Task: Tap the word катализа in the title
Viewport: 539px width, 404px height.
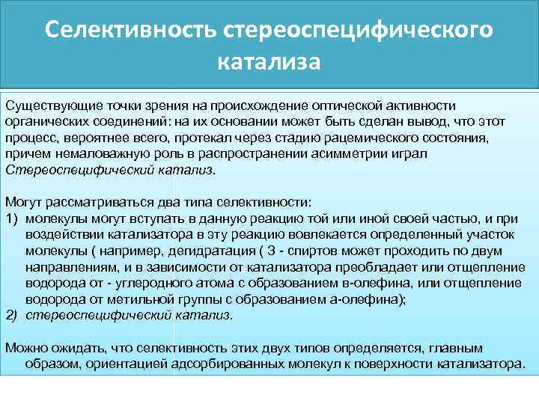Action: tap(269, 61)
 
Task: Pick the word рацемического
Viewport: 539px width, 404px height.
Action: tap(389, 138)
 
